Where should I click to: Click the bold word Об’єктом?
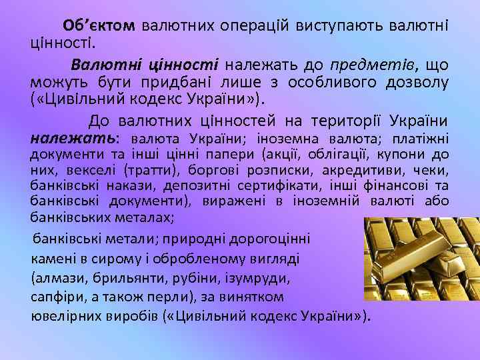click(99, 25)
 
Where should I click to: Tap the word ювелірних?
click(64, 315)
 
